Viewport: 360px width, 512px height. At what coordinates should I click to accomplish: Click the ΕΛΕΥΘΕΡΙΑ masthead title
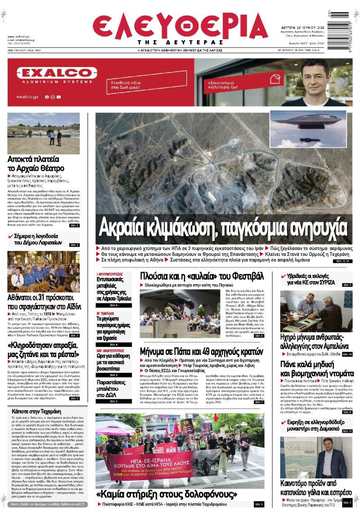[180, 28]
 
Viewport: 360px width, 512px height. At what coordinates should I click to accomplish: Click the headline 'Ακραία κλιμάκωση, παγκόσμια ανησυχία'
[223, 228]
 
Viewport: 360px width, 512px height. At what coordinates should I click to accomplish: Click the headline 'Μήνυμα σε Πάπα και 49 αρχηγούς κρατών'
[201, 351]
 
